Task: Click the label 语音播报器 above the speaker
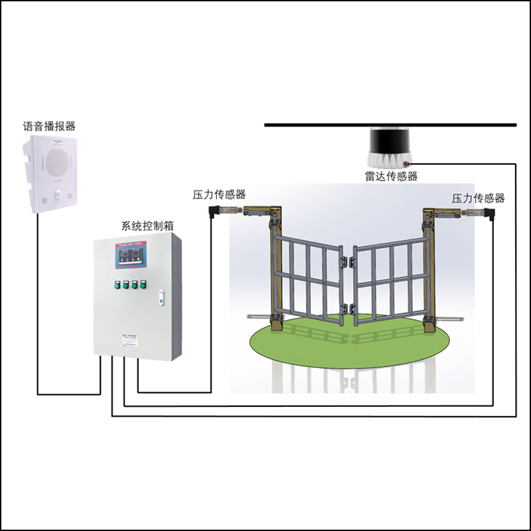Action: [x=49, y=126]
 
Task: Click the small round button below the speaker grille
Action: [x=58, y=194]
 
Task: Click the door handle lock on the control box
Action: [x=161, y=299]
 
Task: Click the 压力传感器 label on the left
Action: [x=219, y=194]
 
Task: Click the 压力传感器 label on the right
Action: [x=478, y=198]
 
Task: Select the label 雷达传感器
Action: [x=391, y=176]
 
